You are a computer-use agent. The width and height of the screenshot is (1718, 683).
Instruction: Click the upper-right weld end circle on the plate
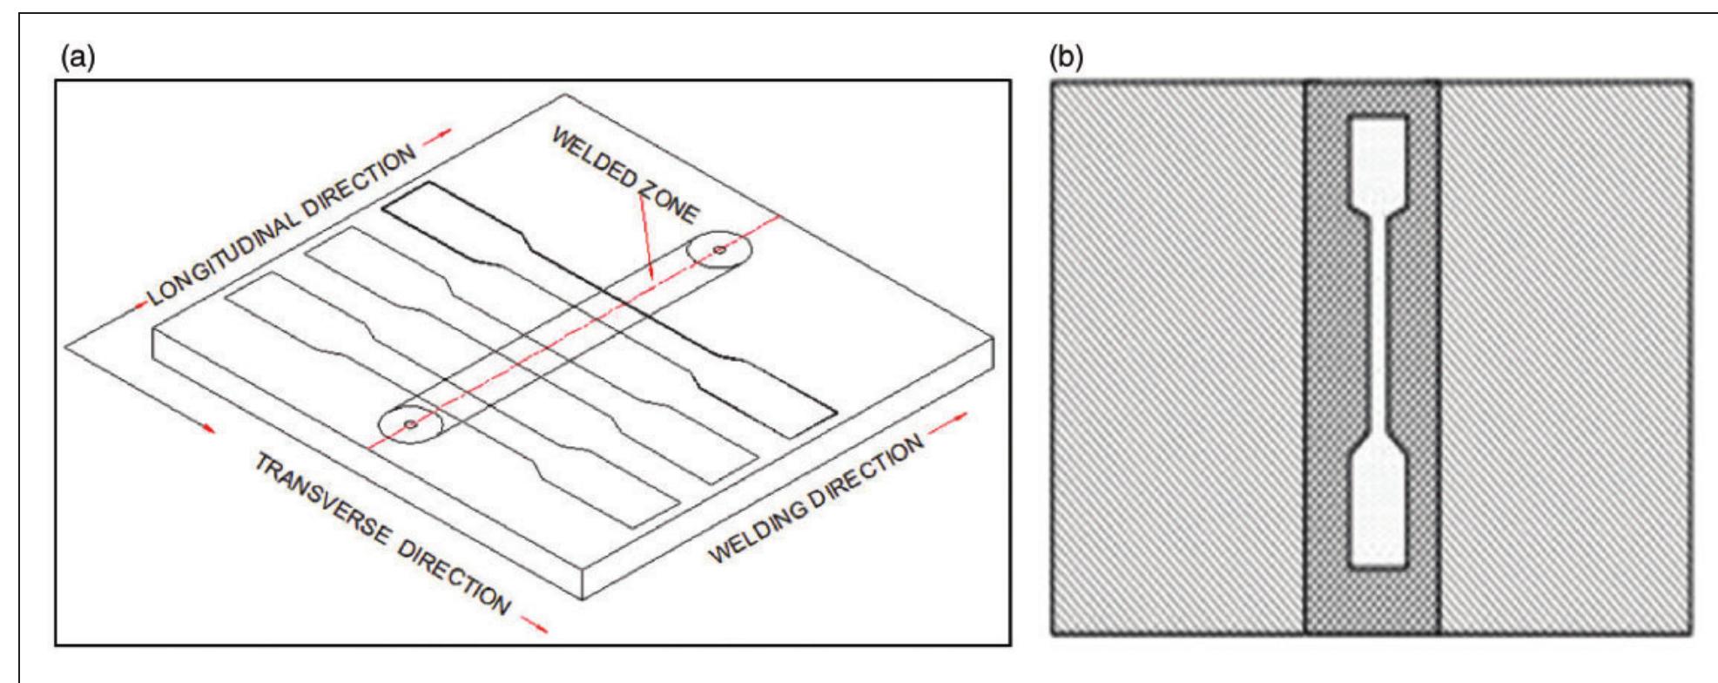coord(719,250)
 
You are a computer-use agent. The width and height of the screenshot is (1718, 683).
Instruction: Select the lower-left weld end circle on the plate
coord(410,425)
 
